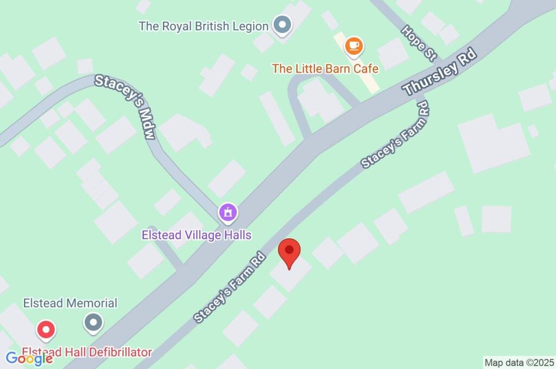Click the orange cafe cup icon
tap(354, 47)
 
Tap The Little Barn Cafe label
tap(325, 68)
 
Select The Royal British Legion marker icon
tap(282, 24)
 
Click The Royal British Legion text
tap(204, 26)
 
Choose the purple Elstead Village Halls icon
tap(228, 212)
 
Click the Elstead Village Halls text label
tap(197, 235)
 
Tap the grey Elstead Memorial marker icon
tap(93, 322)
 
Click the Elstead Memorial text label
tap(70, 303)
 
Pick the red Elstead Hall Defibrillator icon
tap(46, 329)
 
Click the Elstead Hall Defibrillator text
tap(87, 352)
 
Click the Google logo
tap(29, 358)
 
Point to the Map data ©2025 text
tap(519, 362)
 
